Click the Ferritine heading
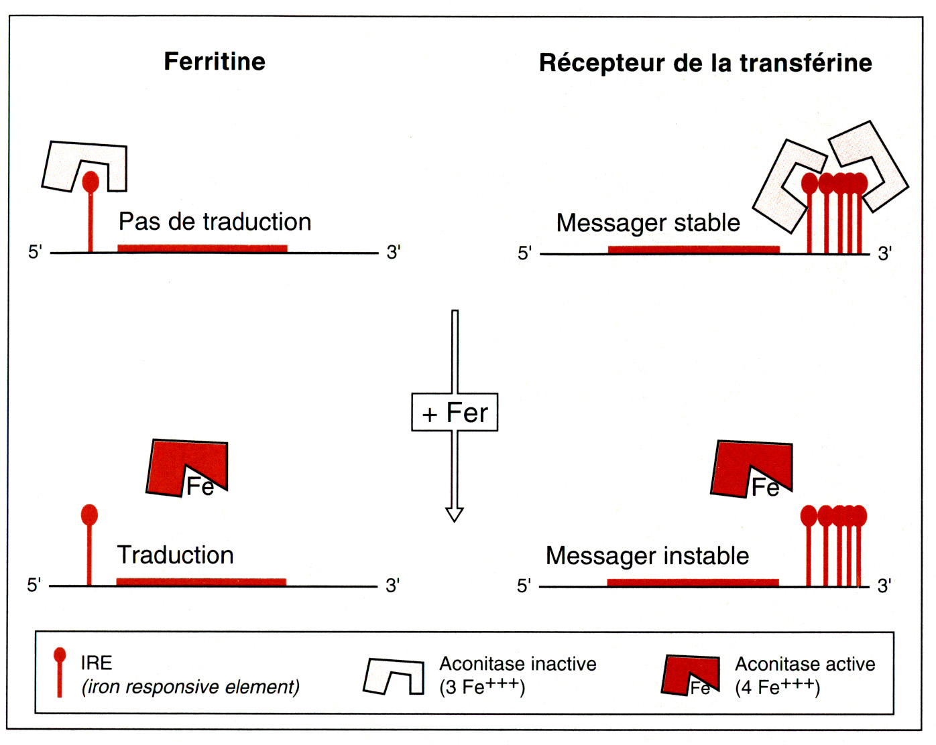click(215, 62)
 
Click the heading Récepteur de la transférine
click(705, 63)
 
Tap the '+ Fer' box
click(455, 412)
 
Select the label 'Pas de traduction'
click(215, 222)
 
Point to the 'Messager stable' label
click(648, 222)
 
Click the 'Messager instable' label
click(647, 555)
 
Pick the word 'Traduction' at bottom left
click(175, 555)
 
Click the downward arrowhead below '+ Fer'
click(455, 514)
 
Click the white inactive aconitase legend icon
click(394, 677)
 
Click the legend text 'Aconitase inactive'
click(518, 664)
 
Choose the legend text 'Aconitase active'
click(805, 664)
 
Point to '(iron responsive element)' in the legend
click(190, 687)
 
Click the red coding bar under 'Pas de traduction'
click(202, 249)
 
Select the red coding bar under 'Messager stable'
click(693, 249)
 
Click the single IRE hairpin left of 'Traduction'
click(89, 543)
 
